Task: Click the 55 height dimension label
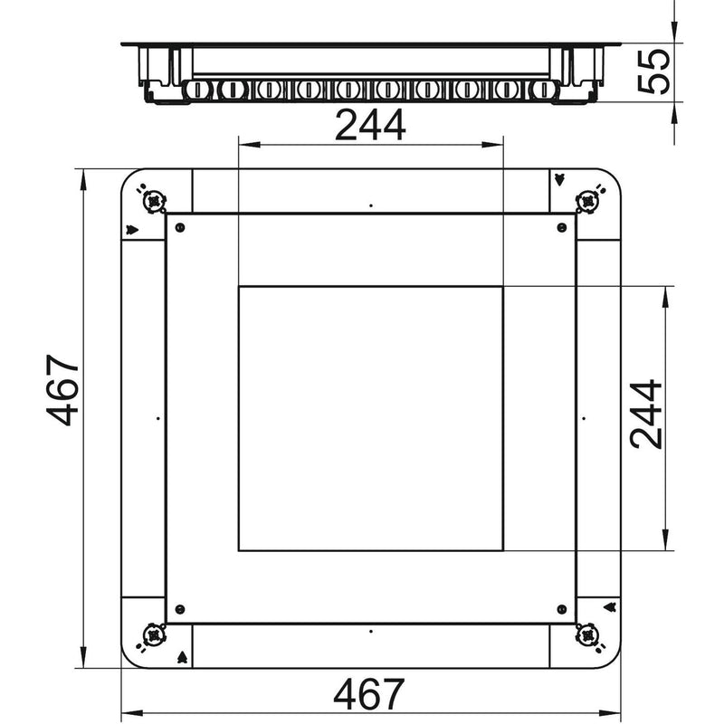pos(653,71)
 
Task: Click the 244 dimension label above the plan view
pos(370,125)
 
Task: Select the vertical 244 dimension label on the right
pos(645,414)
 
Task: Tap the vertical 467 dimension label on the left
pos(62,390)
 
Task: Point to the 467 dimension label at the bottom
pos(369,694)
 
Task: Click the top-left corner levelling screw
pos(154,201)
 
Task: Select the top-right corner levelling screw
pos(587,201)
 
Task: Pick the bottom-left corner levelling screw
pos(154,635)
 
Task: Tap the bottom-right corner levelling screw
pos(587,635)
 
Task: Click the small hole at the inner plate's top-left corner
pos(180,227)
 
